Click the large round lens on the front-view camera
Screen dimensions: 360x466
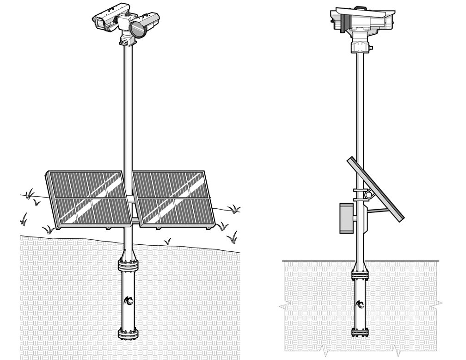(137, 29)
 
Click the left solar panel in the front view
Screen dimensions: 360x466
(87, 199)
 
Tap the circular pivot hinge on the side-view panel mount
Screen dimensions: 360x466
(368, 195)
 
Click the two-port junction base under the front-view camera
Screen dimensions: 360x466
(127, 42)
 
